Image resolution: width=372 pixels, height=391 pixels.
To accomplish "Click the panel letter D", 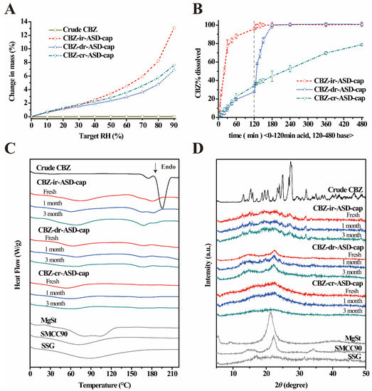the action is [x=198, y=148].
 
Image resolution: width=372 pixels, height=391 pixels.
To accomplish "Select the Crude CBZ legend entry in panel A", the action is [x=73, y=30].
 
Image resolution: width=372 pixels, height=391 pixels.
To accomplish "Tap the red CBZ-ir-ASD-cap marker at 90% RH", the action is [x=174, y=28].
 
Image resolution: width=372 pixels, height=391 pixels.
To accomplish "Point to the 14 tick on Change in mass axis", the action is [x=25, y=21].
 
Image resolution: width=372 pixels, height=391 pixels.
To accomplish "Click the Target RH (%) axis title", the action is [x=101, y=136].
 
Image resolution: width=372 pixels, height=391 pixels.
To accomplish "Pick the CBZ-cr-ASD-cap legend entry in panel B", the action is [x=331, y=99].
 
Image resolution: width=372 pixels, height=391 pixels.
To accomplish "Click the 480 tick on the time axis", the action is [x=362, y=124].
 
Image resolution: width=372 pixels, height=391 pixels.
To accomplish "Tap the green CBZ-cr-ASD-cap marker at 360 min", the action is [x=326, y=53].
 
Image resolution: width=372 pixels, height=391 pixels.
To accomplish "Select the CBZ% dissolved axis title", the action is [x=198, y=73].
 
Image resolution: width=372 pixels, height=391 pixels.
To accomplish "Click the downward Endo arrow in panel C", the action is [x=156, y=168].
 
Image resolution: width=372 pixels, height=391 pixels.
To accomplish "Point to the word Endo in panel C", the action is [x=169, y=167].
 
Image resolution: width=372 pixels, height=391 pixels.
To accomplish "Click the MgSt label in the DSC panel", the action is [x=48, y=320].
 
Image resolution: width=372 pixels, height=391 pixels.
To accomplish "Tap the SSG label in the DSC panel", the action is [x=48, y=346].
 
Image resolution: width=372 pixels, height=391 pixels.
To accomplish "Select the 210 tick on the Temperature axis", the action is [x=172, y=374].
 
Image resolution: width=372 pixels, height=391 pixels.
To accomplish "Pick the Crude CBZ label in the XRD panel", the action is [x=345, y=190].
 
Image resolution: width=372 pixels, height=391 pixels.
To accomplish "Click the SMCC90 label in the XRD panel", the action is [x=348, y=348].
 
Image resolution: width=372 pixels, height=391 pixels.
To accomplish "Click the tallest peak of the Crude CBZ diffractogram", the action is [x=291, y=162].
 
